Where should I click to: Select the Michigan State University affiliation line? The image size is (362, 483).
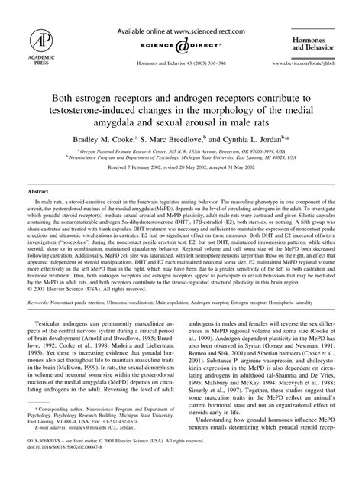pos(181,160)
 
